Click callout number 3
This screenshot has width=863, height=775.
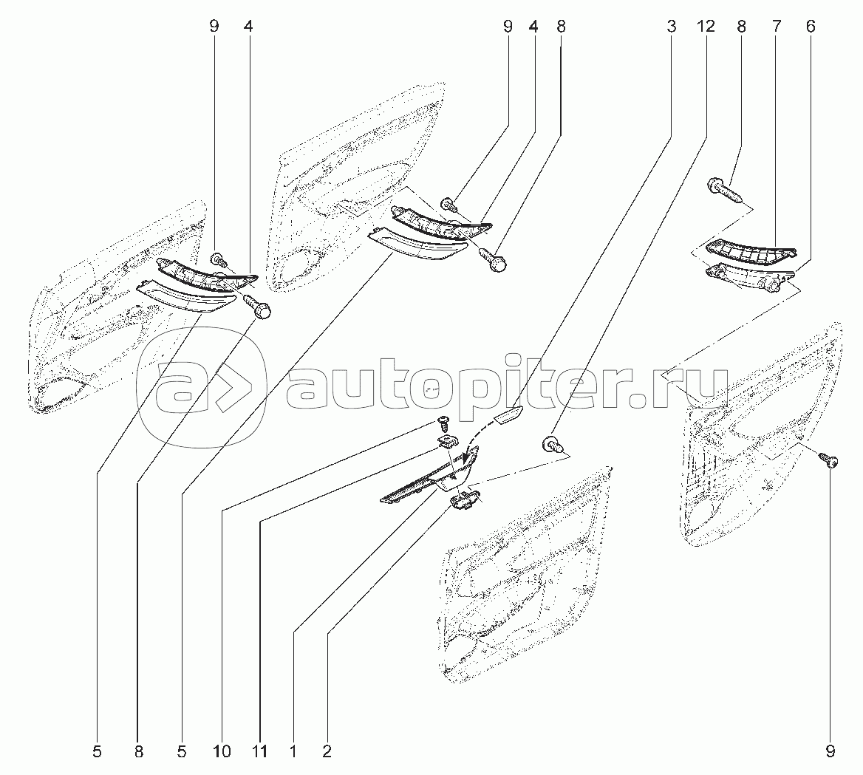671,27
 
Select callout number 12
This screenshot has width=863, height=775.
706,27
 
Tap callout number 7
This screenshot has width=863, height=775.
777,27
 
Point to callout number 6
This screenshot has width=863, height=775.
811,27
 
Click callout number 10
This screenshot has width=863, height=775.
222,751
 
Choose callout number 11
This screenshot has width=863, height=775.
259,751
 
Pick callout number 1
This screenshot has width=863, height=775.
293,751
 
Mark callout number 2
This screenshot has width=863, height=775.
327,751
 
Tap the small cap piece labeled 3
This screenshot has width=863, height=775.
509,414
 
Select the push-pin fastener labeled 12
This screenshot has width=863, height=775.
553,444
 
